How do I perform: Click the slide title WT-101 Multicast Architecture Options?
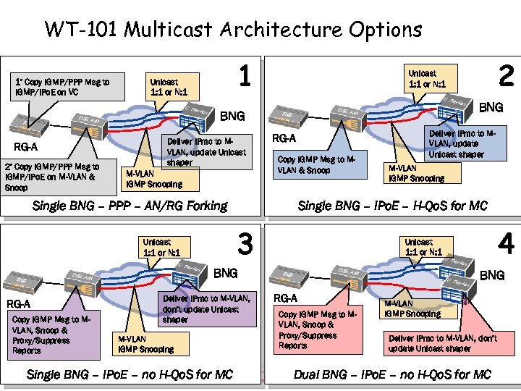tap(233, 30)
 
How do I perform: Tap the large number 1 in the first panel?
tap(246, 77)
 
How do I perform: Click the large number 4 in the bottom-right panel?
tap(506, 245)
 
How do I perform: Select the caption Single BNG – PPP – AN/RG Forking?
tap(130, 206)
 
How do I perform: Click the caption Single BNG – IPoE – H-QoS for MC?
tap(393, 206)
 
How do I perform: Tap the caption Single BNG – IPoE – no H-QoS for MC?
tap(130, 374)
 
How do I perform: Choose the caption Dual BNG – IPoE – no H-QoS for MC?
tap(392, 374)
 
